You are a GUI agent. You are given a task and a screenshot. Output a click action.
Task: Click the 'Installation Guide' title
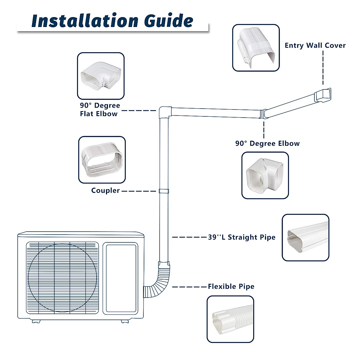coord(112,20)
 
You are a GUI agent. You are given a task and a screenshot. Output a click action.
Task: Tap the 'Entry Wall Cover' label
coord(315,45)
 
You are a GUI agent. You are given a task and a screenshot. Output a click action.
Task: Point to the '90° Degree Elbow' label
coord(267,143)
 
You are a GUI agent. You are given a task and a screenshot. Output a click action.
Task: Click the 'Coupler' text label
coord(105,190)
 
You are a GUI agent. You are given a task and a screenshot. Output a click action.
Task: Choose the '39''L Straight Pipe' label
coord(241,237)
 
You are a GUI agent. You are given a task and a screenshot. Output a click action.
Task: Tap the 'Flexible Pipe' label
coord(231,286)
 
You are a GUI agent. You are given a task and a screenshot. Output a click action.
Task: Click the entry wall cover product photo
coord(256,48)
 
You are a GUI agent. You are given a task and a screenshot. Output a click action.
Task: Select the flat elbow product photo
coord(101,76)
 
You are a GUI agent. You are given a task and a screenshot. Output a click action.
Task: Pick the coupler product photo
coord(102,160)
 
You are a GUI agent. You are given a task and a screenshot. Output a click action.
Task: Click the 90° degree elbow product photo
coord(265,175)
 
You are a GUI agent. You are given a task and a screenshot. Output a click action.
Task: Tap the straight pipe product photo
coord(305,237)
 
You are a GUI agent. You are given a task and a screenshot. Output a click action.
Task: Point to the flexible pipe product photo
coord(230,319)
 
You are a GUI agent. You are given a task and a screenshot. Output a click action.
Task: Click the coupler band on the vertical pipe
coord(163,191)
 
